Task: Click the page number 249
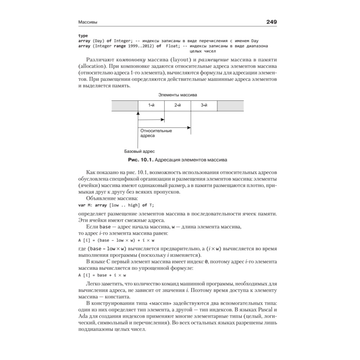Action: pyautogui.click(x=271, y=22)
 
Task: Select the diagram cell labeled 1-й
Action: pyautogui.click(x=151, y=105)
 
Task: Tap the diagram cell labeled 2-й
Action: pyautogui.click(x=177, y=105)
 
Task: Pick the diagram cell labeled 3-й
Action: pyautogui.click(x=204, y=105)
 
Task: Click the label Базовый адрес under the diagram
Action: pyautogui.click(x=139, y=151)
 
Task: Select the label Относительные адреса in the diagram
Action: pyautogui.click(x=156, y=133)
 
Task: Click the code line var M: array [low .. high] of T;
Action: pyautogui.click(x=116, y=205)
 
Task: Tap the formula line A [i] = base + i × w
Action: pyautogui.click(x=98, y=275)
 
